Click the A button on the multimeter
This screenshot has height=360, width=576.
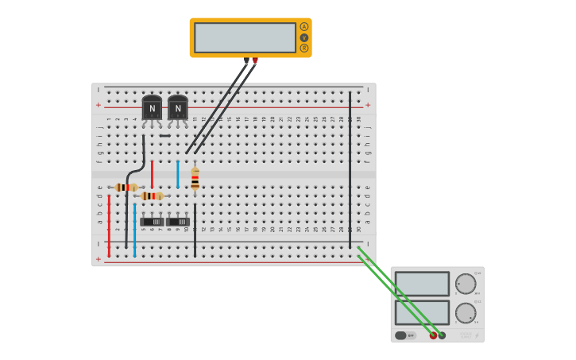tap(303, 27)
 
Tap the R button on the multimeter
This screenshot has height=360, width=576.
tap(303, 48)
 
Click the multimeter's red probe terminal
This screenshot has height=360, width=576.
tap(255, 60)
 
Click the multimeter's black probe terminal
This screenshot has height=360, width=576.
tap(246, 60)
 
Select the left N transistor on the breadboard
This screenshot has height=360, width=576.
tap(152, 108)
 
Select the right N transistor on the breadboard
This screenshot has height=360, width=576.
tap(178, 108)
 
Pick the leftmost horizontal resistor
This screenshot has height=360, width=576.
tap(126, 188)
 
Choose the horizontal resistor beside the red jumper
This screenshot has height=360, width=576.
tap(152, 195)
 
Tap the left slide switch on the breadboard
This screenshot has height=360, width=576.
tap(152, 222)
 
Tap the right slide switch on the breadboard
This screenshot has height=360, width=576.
tap(178, 222)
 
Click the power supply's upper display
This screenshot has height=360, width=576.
tap(422, 284)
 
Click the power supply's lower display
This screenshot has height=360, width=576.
tap(422, 312)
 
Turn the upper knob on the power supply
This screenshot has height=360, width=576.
tap(465, 284)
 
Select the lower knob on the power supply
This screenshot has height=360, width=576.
tap(465, 312)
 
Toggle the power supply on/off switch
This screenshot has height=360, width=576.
tap(405, 335)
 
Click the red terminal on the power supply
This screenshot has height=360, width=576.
tap(433, 335)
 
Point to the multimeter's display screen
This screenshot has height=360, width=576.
tap(245, 37)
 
